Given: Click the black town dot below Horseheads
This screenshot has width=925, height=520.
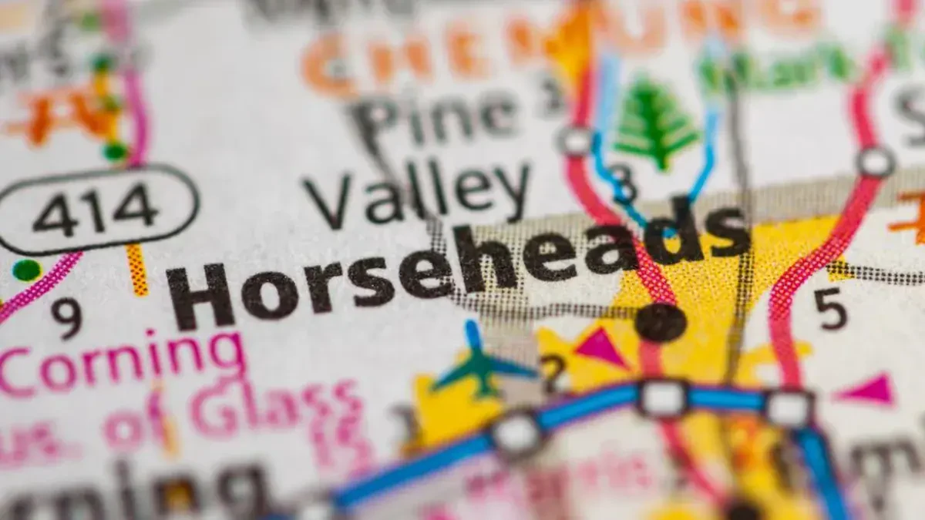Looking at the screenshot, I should pyautogui.click(x=661, y=321).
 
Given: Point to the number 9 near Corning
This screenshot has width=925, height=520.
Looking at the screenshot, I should pyautogui.click(x=67, y=317).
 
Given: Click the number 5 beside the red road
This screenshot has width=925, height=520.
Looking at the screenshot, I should pyautogui.click(x=830, y=309).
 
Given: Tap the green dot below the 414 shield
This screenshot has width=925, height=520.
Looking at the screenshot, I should pyautogui.click(x=26, y=270).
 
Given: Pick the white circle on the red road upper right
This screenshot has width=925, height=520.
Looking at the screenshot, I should pyautogui.click(x=876, y=163).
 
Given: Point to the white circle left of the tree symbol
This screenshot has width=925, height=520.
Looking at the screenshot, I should pyautogui.click(x=576, y=142).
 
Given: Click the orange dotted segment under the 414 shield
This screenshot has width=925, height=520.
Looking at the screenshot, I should pyautogui.click(x=137, y=270).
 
